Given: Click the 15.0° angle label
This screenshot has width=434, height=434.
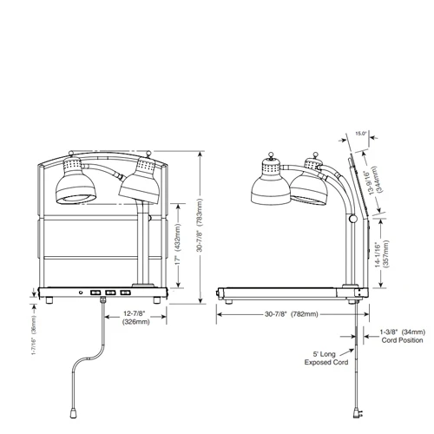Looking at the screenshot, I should [362, 134].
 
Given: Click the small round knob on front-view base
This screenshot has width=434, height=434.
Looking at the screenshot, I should [82, 292].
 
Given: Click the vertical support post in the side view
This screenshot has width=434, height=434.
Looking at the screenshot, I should [352, 252].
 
